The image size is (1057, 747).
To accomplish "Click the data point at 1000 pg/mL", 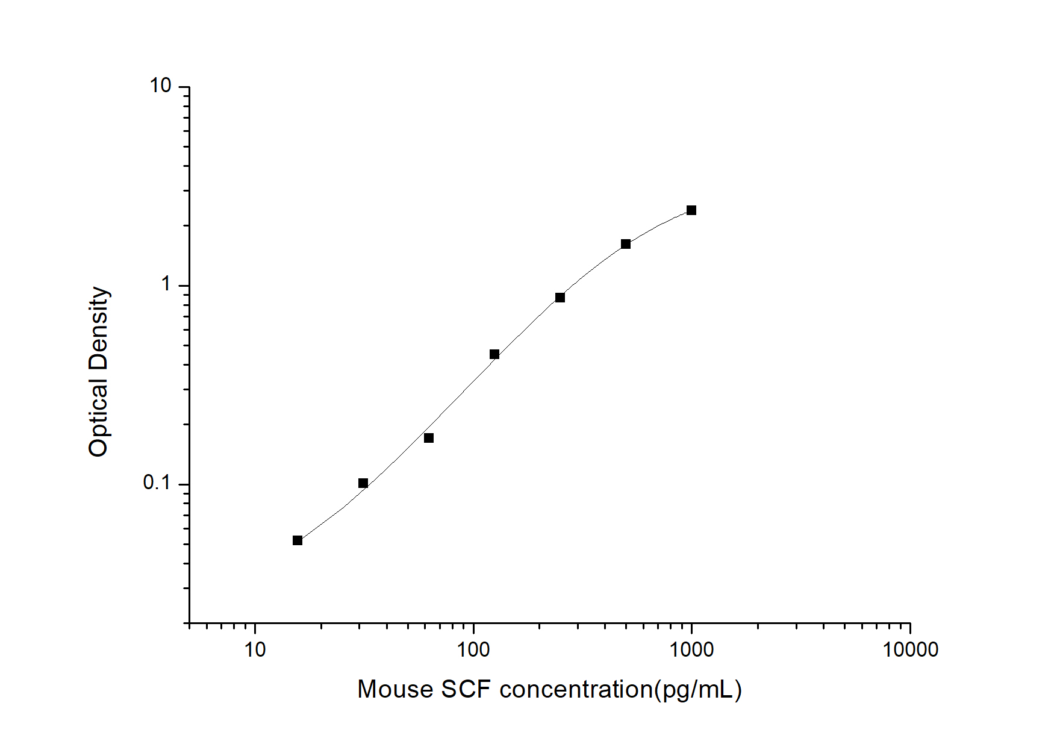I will (x=691, y=210).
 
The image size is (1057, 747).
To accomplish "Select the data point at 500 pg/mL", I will (x=626, y=244).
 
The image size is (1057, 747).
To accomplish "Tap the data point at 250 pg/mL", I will (x=560, y=298).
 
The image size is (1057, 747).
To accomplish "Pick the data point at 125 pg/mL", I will (x=494, y=354).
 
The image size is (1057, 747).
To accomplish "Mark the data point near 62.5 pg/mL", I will (x=429, y=438).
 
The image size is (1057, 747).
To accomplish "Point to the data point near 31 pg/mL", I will (x=363, y=483).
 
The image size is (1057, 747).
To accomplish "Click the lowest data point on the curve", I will (x=298, y=540).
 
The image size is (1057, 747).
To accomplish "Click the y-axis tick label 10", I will (x=161, y=86).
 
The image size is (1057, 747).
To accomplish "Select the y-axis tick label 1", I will (x=166, y=284).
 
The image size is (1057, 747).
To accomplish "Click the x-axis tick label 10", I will (x=255, y=649).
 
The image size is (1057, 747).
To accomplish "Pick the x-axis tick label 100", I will (x=473, y=649).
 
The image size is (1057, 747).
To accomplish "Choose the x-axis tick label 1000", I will (x=691, y=649).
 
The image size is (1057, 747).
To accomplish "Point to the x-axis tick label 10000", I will (x=910, y=649).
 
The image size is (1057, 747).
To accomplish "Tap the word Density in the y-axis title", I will (x=98, y=328).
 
